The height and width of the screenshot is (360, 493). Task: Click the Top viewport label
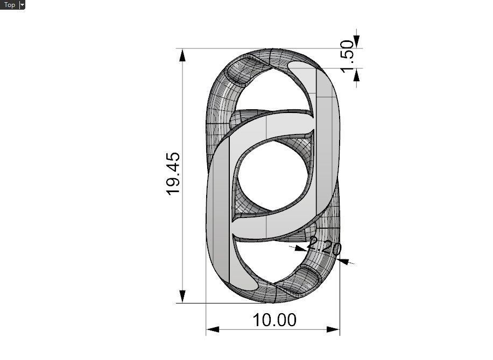click(x=9, y=5)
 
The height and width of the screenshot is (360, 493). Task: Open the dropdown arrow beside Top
click(x=22, y=5)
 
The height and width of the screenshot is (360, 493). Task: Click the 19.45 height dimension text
click(x=174, y=174)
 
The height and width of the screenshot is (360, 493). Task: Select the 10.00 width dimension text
click(x=274, y=320)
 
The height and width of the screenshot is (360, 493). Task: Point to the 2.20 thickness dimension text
click(x=324, y=247)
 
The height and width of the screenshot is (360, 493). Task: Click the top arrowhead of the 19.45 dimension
click(x=183, y=55)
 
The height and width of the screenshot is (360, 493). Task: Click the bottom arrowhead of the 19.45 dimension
click(x=183, y=296)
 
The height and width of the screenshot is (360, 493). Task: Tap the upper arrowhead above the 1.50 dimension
click(x=357, y=42)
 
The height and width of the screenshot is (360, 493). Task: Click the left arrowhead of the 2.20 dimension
click(x=300, y=249)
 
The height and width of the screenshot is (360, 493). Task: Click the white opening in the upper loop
click(x=269, y=91)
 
